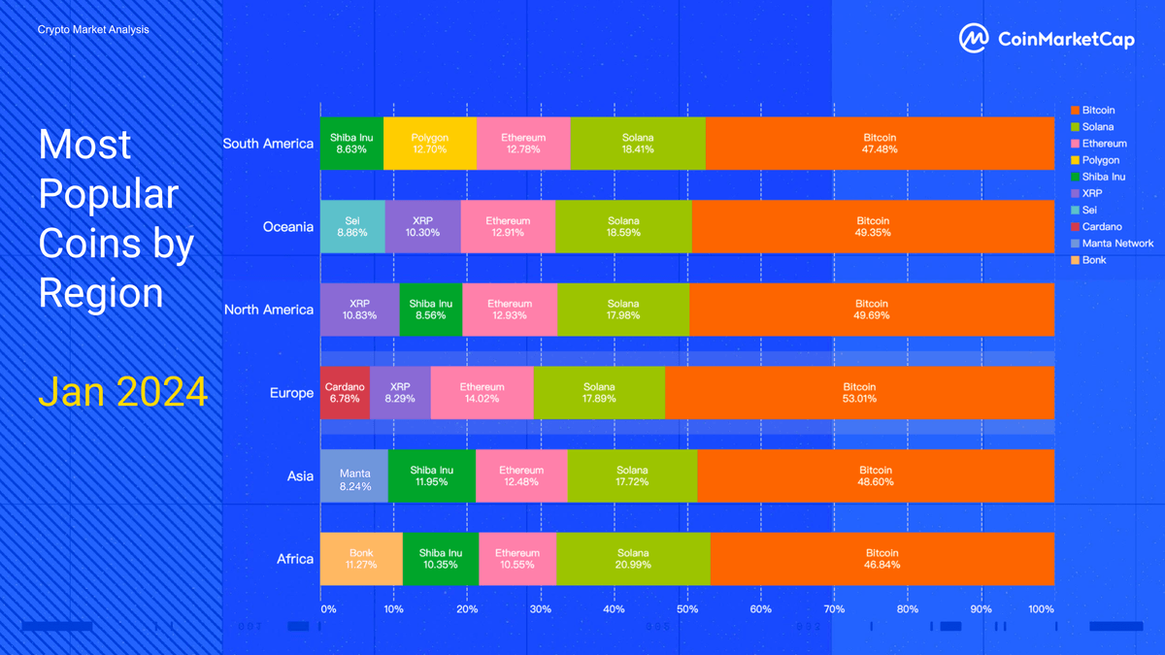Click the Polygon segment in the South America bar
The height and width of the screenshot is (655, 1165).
(x=429, y=144)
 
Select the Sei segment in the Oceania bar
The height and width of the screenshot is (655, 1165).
(x=352, y=227)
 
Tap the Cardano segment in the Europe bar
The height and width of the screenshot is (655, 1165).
(x=345, y=393)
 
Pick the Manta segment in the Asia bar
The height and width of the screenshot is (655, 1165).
(x=354, y=475)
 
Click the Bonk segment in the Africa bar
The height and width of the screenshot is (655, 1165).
(x=361, y=559)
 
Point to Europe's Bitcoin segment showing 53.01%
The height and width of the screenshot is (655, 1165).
(x=859, y=393)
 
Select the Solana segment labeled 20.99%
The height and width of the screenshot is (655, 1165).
(x=633, y=559)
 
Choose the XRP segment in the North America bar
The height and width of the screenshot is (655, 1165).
(x=359, y=310)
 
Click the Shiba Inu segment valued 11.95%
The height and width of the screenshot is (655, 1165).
(x=432, y=475)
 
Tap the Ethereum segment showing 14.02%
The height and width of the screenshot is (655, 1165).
(x=482, y=393)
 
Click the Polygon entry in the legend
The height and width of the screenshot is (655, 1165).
(x=1100, y=160)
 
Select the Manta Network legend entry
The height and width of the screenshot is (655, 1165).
(x=1117, y=244)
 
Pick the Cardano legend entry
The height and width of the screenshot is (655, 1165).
(x=1102, y=227)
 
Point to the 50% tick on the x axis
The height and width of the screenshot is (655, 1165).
(x=687, y=609)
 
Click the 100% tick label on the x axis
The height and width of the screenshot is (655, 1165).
(x=1041, y=609)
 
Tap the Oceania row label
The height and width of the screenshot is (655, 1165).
(x=287, y=227)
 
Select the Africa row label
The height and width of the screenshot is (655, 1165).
(x=295, y=559)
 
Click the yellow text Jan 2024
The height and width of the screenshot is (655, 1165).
(x=122, y=392)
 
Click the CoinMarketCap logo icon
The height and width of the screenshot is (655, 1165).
(x=974, y=39)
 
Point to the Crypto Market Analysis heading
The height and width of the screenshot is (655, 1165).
(x=93, y=30)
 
